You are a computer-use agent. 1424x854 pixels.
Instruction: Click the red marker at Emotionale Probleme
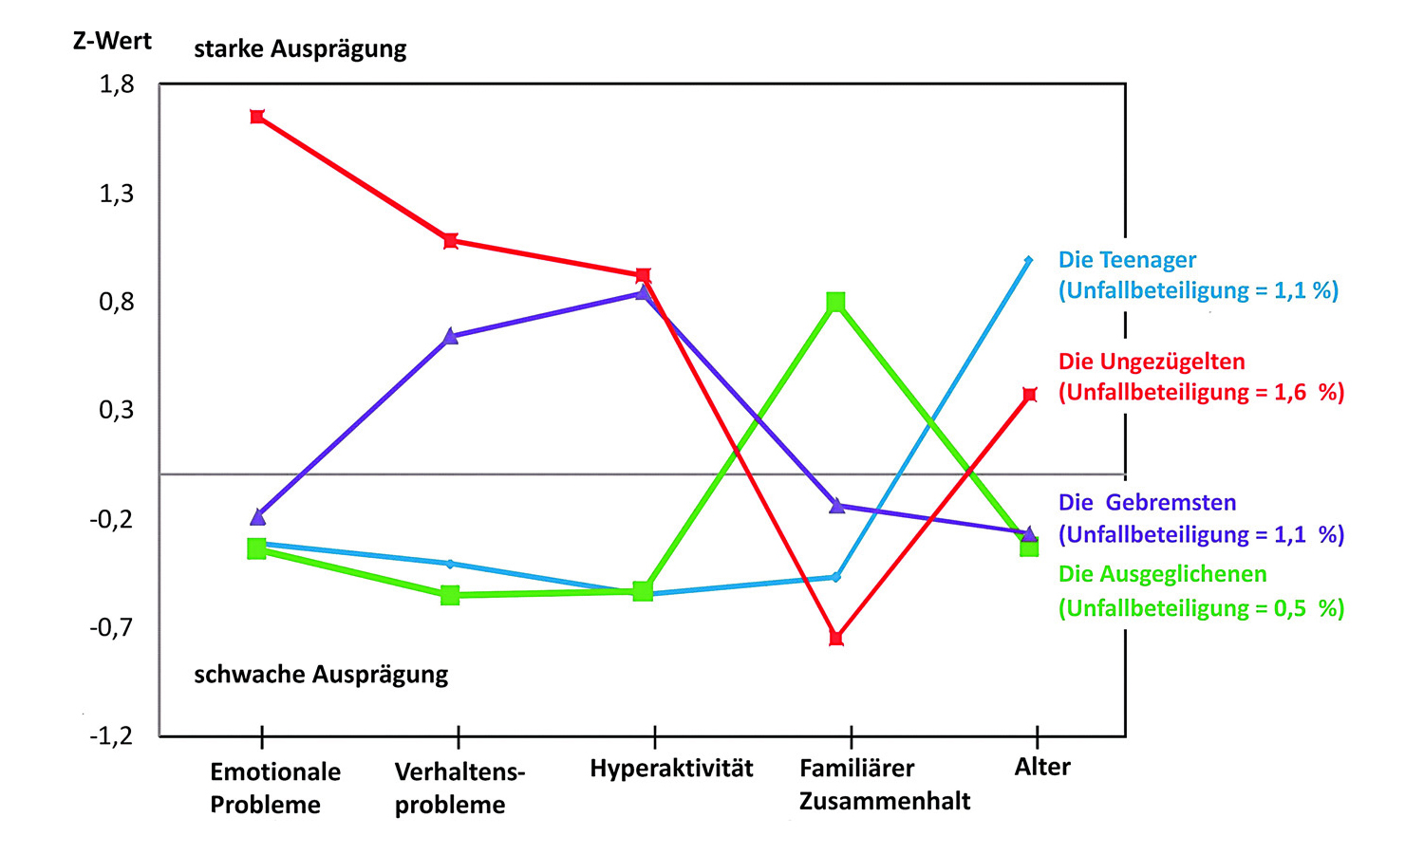pyautogui.click(x=257, y=117)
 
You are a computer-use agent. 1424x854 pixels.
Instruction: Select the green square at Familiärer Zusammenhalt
pyautogui.click(x=835, y=302)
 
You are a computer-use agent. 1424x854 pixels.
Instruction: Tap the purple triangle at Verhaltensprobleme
pyautogui.click(x=451, y=336)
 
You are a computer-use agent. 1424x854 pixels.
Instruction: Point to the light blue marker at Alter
pyautogui.click(x=1028, y=260)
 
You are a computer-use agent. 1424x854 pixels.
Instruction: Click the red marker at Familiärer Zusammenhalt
pyautogui.click(x=835, y=638)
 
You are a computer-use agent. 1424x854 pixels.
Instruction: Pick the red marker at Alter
pyautogui.click(x=1030, y=395)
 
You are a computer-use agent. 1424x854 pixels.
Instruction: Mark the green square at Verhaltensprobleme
pyautogui.click(x=451, y=595)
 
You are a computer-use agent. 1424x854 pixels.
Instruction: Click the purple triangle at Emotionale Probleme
pyautogui.click(x=258, y=517)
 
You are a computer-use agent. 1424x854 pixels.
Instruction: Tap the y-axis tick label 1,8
pyautogui.click(x=117, y=85)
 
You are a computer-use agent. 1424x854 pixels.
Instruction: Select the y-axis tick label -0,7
pyautogui.click(x=112, y=627)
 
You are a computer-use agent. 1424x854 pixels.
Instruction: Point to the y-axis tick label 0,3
pyautogui.click(x=117, y=410)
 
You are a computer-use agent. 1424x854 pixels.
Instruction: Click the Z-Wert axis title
pyautogui.click(x=112, y=41)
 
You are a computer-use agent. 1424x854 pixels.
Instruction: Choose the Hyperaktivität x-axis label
pyautogui.click(x=671, y=768)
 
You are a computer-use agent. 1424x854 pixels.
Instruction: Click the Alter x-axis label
pyautogui.click(x=1042, y=767)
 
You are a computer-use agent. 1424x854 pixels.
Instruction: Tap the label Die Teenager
pyautogui.click(x=1127, y=260)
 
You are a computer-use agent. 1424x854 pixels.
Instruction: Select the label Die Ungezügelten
pyautogui.click(x=1152, y=362)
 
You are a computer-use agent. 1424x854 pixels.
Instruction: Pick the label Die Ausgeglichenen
pyautogui.click(x=1162, y=574)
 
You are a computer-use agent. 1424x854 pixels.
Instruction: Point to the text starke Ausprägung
pyautogui.click(x=300, y=48)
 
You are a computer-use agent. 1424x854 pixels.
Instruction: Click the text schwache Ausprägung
pyautogui.click(x=321, y=675)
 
